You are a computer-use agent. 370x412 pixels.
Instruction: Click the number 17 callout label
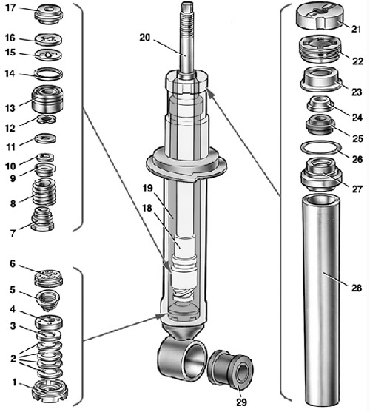(x=10, y=8)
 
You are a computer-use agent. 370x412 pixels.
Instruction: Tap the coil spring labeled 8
(x=44, y=192)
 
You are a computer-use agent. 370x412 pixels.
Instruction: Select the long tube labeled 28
(x=322, y=300)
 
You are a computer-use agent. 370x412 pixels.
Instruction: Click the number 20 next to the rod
(x=144, y=38)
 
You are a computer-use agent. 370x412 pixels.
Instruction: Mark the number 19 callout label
(x=148, y=188)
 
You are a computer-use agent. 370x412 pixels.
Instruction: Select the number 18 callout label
(x=147, y=208)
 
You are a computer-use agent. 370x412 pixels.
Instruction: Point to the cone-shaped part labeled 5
(x=47, y=300)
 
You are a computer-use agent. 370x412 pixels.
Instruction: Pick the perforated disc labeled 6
(x=49, y=278)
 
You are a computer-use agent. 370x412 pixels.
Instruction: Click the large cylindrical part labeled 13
(x=47, y=98)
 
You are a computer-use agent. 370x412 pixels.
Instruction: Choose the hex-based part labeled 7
(x=42, y=219)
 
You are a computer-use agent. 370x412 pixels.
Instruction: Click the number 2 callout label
(x=13, y=359)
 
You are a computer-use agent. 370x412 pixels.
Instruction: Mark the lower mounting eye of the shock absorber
(x=181, y=359)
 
